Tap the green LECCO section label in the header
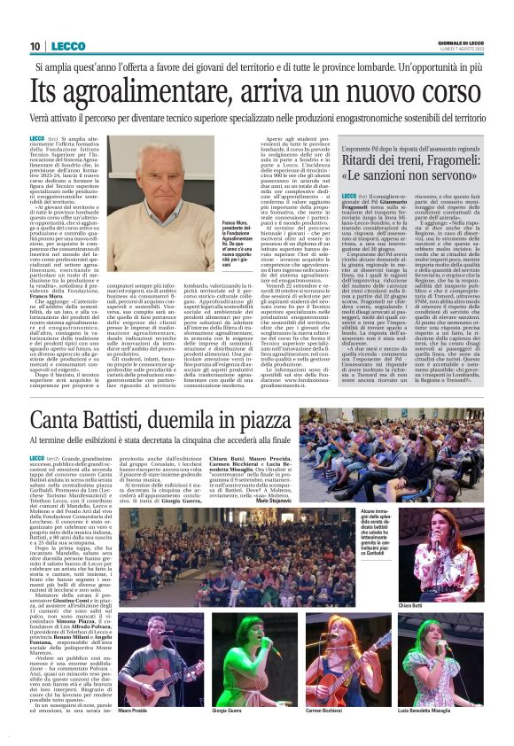(69, 46)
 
